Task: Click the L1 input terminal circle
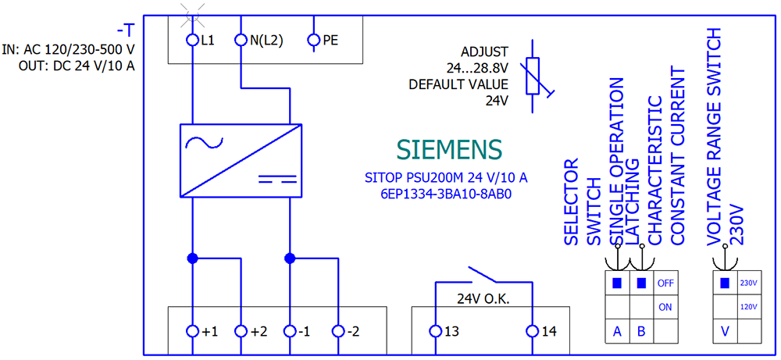192,39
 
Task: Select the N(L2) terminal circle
241,39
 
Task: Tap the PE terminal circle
314,39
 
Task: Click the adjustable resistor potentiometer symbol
533,77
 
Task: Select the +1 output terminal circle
192,332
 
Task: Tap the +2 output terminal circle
241,332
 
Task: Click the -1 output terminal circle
290,332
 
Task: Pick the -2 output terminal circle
338,332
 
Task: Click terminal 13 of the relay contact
436,332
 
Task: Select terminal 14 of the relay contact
533,332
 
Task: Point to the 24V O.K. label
484,298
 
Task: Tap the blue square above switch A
617,283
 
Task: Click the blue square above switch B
641,283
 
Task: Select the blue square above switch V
726,283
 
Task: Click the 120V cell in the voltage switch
749,307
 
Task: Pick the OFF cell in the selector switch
665,283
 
